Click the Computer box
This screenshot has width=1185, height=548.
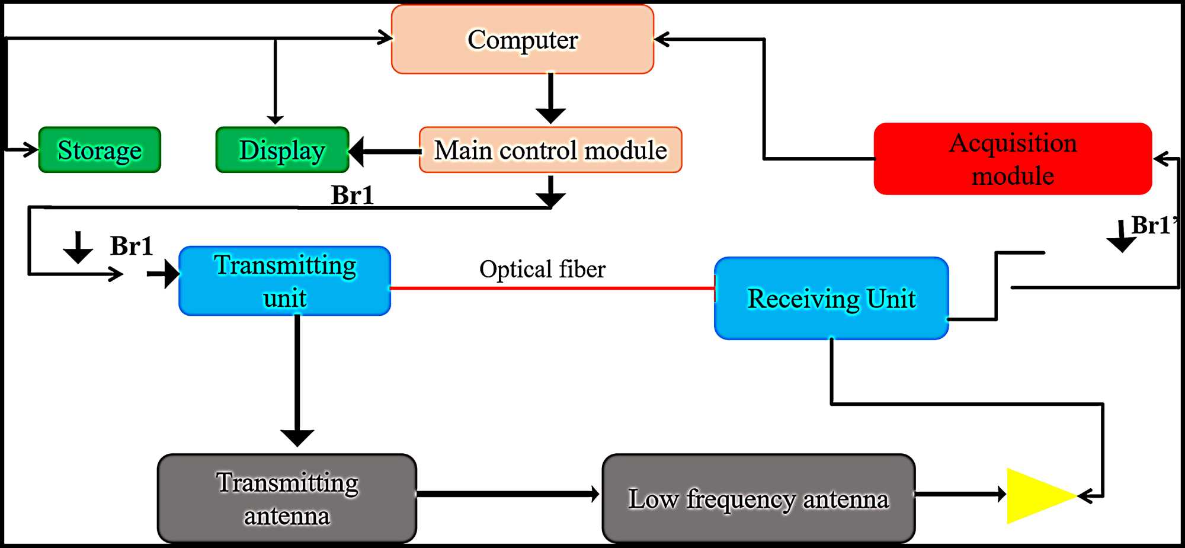522,40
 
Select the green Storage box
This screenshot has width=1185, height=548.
100,150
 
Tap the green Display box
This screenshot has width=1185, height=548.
282,150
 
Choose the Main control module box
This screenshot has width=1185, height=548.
550,150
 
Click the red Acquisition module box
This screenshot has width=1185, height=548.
1013,159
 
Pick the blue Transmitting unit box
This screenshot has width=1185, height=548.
284,281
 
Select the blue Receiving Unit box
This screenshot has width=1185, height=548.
831,298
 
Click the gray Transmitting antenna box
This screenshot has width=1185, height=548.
287,498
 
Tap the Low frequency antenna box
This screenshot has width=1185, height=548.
758,498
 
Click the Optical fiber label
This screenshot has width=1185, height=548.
542,270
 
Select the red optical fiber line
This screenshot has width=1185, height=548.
551,289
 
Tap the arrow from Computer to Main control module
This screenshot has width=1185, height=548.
550,98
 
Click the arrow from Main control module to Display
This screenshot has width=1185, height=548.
385,152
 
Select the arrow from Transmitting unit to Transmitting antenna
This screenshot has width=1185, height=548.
297,379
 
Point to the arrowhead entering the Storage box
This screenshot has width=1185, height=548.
30,149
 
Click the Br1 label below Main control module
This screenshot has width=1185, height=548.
352,195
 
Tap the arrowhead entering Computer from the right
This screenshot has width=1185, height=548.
662,40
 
